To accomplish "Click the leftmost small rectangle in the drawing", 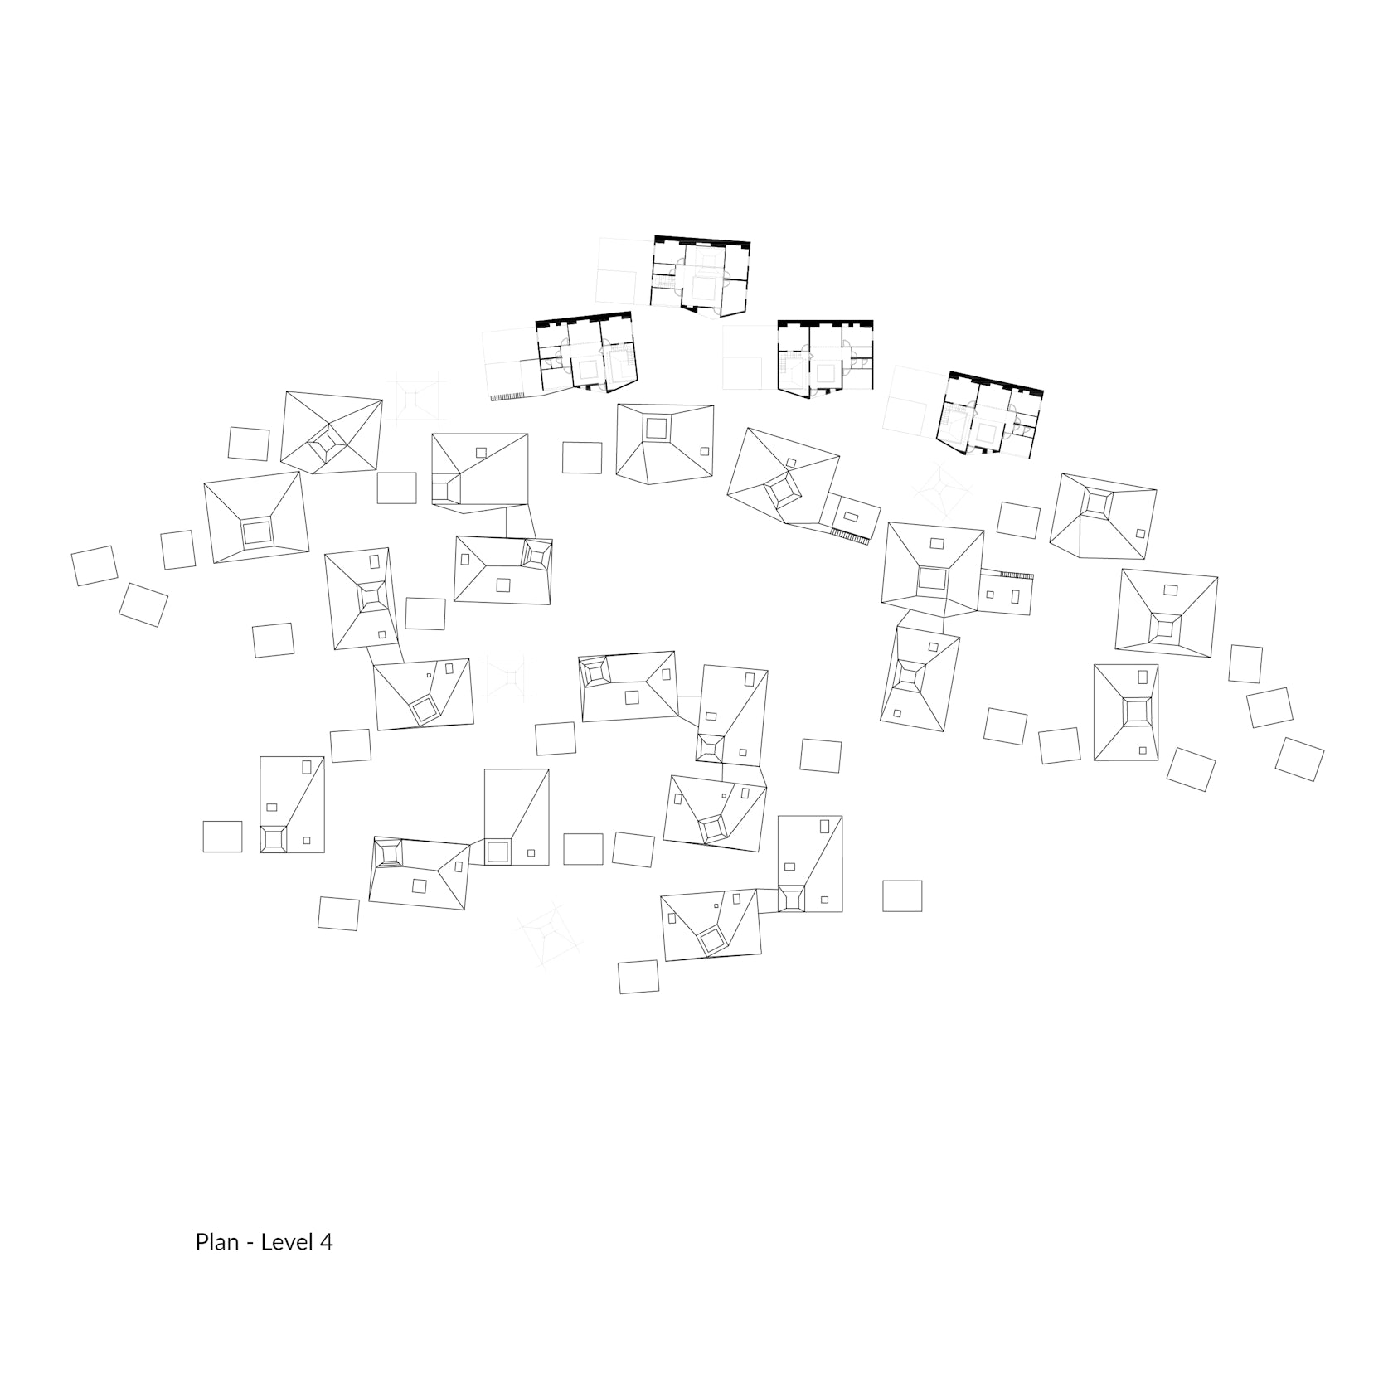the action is point(95,565).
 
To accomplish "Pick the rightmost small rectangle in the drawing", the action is point(1299,760).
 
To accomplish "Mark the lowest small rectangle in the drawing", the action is point(638,977).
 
